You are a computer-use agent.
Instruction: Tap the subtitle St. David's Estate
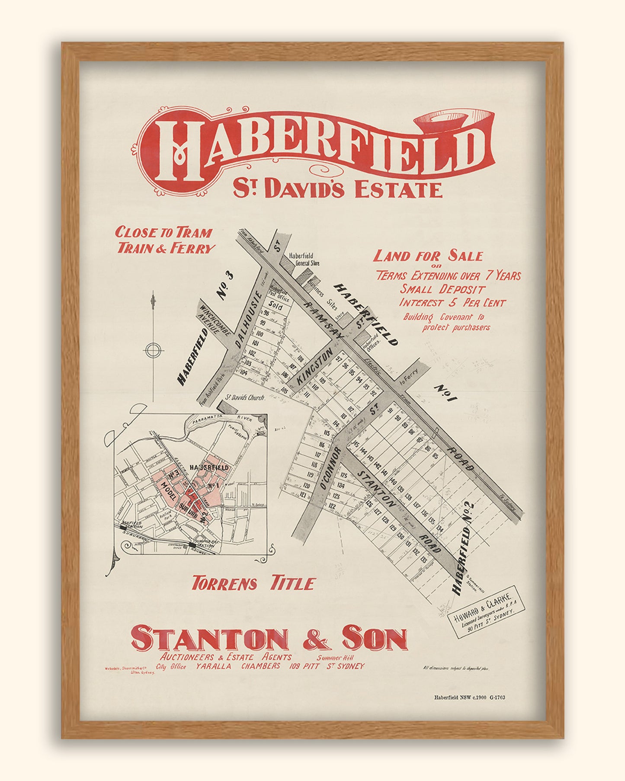click(337, 189)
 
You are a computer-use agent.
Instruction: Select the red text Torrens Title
click(253, 584)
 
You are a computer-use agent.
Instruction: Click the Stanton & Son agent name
click(269, 640)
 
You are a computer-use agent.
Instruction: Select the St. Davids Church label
click(245, 397)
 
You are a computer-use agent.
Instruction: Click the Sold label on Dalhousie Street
click(276, 307)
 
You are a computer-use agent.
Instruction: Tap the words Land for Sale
click(428, 256)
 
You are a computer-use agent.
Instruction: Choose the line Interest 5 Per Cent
click(452, 303)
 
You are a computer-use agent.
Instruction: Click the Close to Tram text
click(163, 233)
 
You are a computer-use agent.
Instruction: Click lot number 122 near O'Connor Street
click(332, 506)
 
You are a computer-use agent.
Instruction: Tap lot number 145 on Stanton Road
click(356, 445)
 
